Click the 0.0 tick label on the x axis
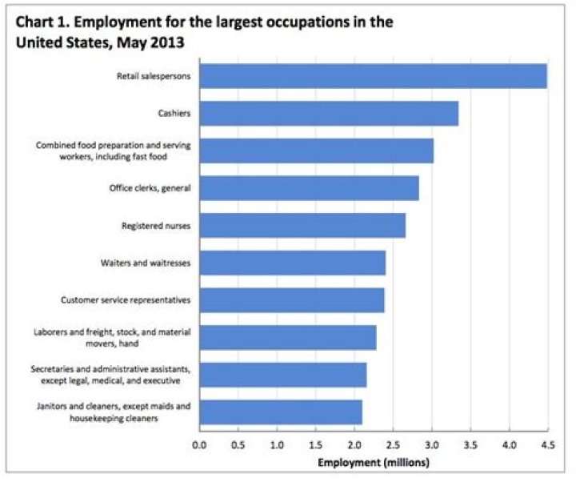pos(199,444)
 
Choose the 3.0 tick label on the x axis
pos(431,444)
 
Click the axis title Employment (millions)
pos(373,462)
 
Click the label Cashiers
pos(174,114)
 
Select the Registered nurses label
pos(158,226)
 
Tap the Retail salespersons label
pos(152,76)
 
